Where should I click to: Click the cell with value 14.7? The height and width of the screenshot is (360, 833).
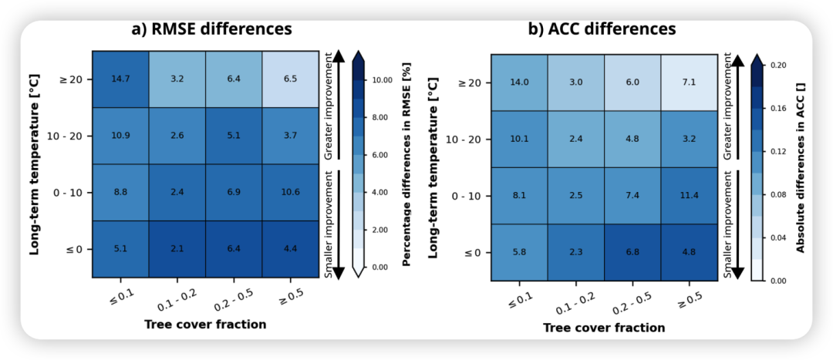click(x=120, y=79)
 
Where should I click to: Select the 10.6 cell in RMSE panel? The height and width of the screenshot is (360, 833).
click(x=290, y=192)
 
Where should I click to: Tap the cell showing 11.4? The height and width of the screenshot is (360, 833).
click(x=690, y=196)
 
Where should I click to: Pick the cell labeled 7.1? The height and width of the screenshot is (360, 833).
click(x=690, y=82)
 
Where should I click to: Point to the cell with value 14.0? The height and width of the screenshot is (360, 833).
click(x=519, y=82)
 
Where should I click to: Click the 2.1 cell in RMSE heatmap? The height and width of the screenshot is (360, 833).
click(x=177, y=248)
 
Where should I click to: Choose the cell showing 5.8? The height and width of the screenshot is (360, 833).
click(x=519, y=253)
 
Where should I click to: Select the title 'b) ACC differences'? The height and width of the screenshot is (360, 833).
click(x=602, y=29)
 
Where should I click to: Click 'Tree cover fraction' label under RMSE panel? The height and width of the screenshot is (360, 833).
click(x=205, y=325)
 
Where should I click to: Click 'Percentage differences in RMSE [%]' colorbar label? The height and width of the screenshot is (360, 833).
click(x=406, y=165)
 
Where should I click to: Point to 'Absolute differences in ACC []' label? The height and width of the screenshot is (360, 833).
click(x=801, y=168)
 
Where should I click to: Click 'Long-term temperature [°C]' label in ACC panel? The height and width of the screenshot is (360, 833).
click(x=434, y=168)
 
